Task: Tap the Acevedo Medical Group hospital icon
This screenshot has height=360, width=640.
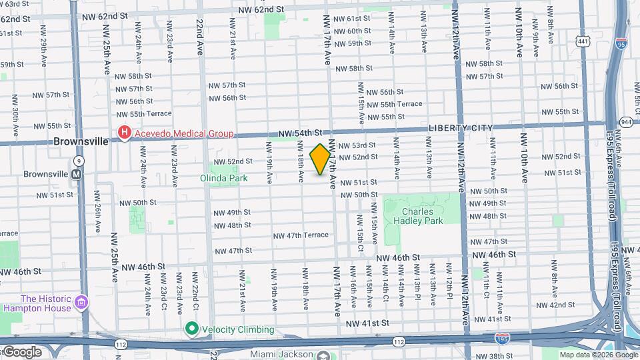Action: (x=123, y=133)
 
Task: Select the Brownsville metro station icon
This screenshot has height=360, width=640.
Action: (x=77, y=174)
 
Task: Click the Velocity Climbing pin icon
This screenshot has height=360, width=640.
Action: (x=192, y=329)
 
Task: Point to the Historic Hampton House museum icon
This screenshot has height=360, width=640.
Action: (x=81, y=303)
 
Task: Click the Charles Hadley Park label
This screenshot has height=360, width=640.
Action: (x=418, y=216)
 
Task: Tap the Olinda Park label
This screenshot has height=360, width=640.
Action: (x=224, y=178)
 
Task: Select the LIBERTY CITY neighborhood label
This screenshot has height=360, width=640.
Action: (x=460, y=128)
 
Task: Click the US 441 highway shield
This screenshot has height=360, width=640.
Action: (x=584, y=42)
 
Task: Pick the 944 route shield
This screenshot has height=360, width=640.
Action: (x=626, y=122)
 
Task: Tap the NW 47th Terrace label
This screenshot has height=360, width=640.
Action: (x=301, y=235)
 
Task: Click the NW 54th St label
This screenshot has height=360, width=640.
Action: (x=301, y=133)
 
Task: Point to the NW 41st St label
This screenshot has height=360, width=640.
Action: (x=367, y=323)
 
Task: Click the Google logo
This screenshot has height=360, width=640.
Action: (x=21, y=352)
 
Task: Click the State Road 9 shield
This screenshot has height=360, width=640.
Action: (x=79, y=161)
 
